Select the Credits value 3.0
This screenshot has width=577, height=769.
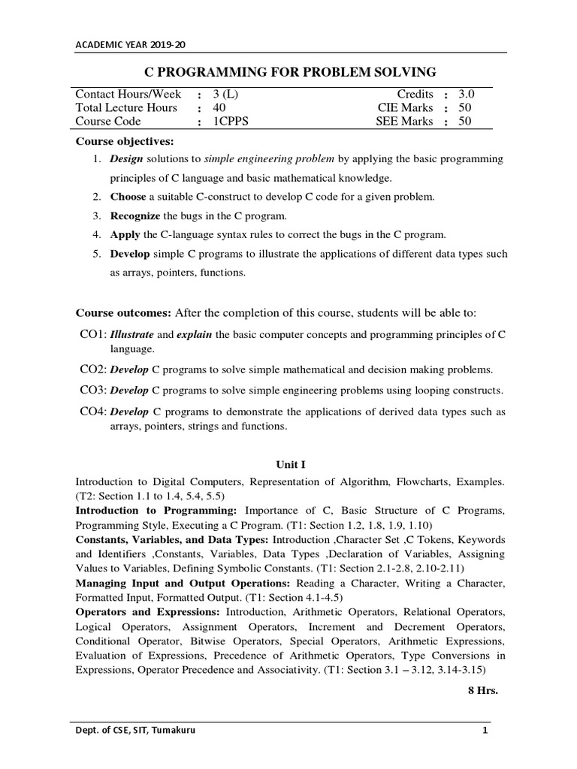click(466, 94)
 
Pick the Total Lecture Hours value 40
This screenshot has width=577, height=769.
click(219, 107)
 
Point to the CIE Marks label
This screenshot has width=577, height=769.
click(405, 107)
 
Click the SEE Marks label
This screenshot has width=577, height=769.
click(404, 121)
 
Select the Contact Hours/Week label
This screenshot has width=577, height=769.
click(128, 94)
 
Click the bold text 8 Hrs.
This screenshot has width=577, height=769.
click(483, 690)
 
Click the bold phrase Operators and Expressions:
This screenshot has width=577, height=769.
click(147, 612)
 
